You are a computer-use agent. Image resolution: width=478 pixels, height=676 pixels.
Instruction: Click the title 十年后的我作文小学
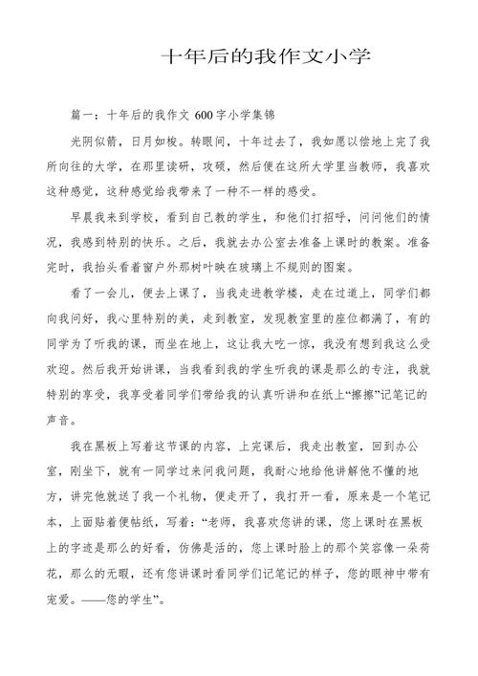pyautogui.click(x=265, y=56)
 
